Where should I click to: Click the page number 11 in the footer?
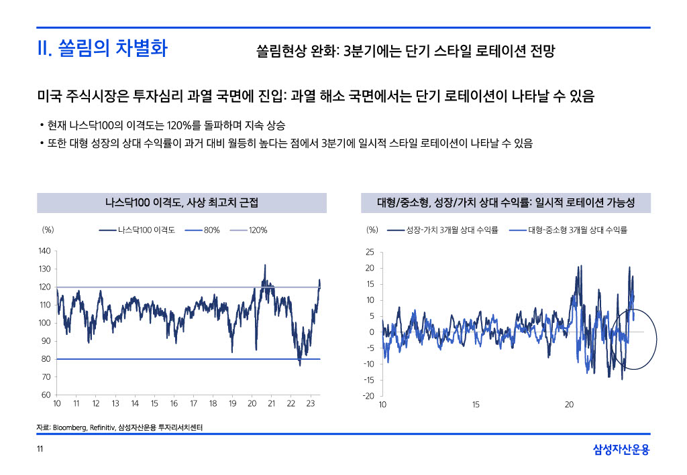(40, 449)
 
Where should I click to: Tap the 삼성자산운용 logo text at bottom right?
(621, 450)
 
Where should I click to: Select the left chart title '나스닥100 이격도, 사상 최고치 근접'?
(181, 202)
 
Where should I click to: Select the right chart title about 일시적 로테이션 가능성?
(506, 202)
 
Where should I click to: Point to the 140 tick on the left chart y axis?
(44, 251)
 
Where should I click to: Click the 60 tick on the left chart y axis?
(46, 395)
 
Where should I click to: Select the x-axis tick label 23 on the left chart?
(311, 405)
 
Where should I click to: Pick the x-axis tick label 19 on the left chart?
(232, 405)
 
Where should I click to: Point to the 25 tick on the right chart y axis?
(370, 253)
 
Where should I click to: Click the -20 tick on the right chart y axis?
(368, 396)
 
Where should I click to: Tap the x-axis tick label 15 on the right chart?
(476, 405)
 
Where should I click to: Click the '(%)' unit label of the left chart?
(48, 230)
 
